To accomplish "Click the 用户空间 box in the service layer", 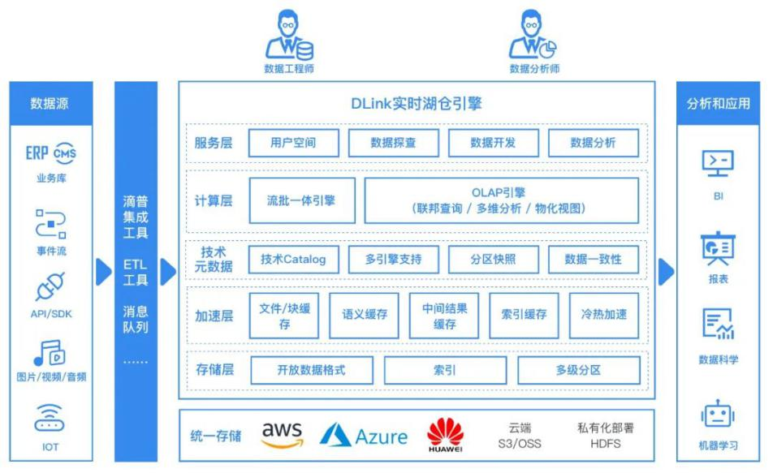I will pyautogui.click(x=293, y=143).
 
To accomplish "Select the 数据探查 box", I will pyautogui.click(x=393, y=143).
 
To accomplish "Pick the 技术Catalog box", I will pyautogui.click(x=293, y=259).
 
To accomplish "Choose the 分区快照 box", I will pyautogui.click(x=493, y=259).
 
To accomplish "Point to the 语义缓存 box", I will pyautogui.click(x=359, y=316).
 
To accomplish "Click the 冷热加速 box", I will pyautogui.click(x=604, y=316).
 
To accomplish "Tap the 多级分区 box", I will pyautogui.click(x=577, y=370).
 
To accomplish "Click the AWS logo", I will pyautogui.click(x=282, y=433).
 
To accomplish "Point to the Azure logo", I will pyautogui.click(x=364, y=436).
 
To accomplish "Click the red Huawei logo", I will pyautogui.click(x=445, y=435).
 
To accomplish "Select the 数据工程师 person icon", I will pyautogui.click(x=289, y=37).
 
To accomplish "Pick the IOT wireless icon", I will pyautogui.click(x=50, y=419).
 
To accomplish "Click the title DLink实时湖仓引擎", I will pyautogui.click(x=415, y=104).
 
